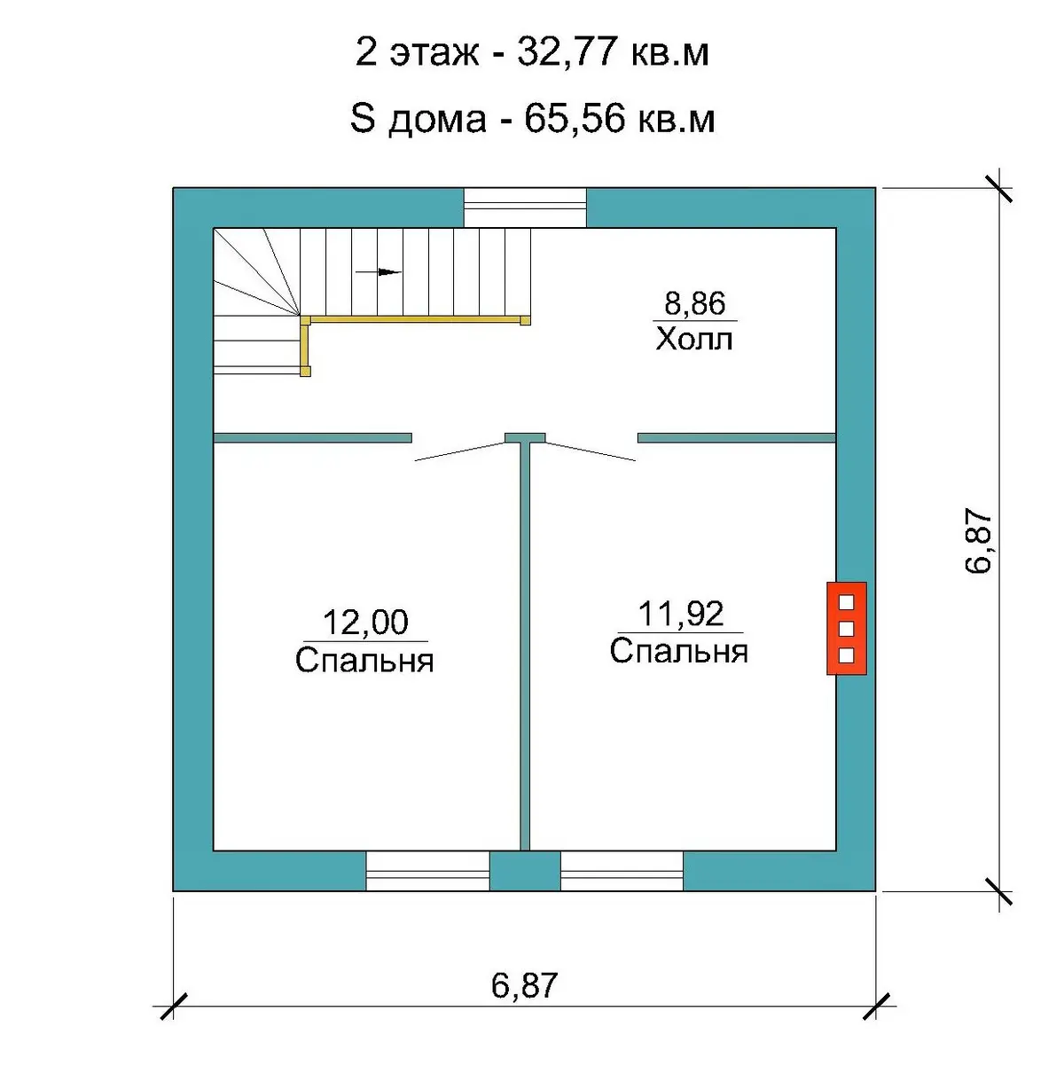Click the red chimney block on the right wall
(847, 629)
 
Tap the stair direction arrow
(379, 271)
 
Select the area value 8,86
(694, 303)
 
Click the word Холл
(694, 339)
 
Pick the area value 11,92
(681, 614)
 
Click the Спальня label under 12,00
(364, 660)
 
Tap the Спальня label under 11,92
(679, 651)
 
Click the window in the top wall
(525, 207)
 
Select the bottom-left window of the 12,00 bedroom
(427, 871)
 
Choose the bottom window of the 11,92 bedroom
(622, 871)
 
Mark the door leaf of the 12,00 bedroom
(459, 451)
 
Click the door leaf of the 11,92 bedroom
(591, 451)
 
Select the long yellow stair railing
(416, 319)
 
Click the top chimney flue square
(847, 602)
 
